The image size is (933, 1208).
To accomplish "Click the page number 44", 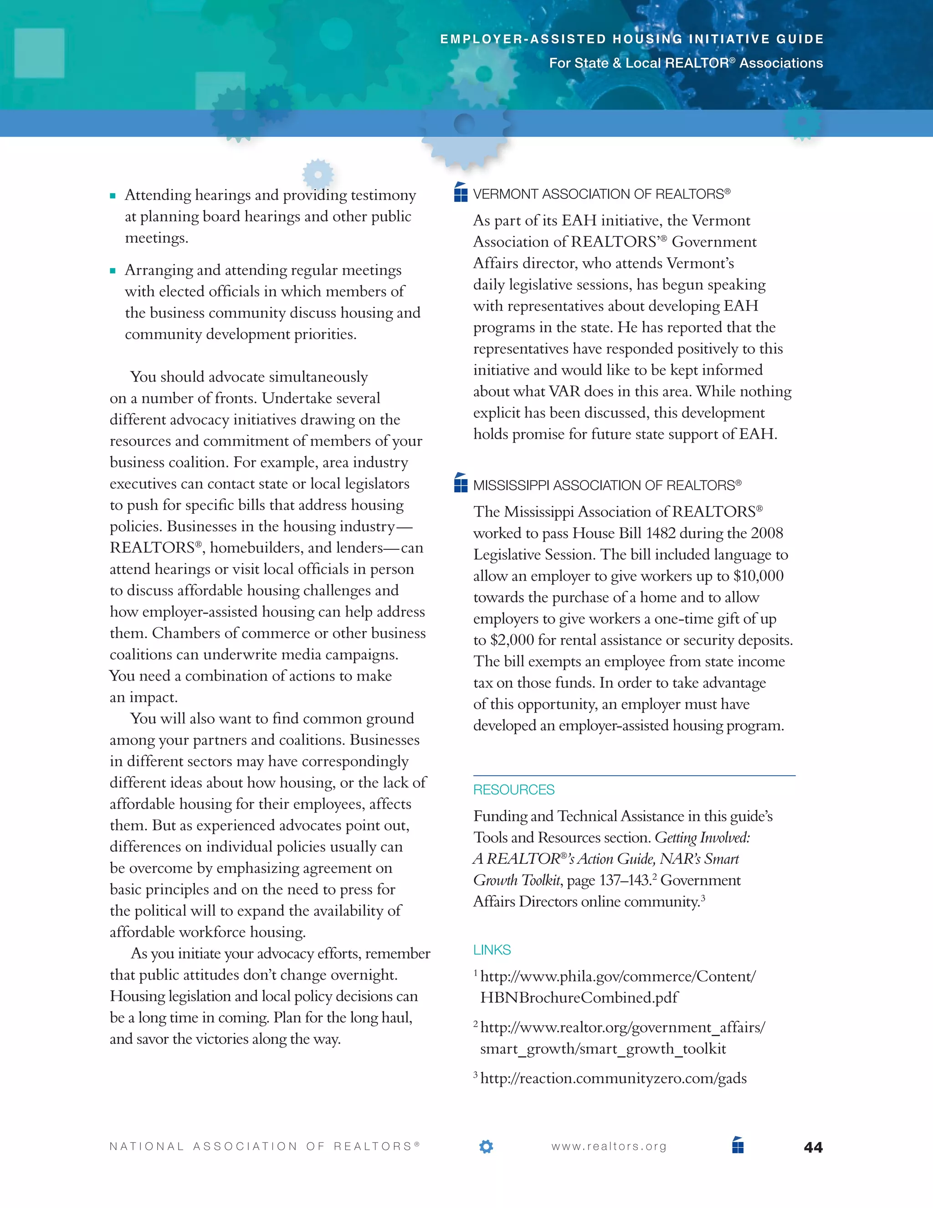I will tap(813, 1148).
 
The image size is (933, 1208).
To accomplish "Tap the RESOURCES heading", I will tap(513, 790).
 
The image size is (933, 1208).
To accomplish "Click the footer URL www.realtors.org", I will tap(609, 1146).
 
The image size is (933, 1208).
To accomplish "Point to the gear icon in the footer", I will tap(486, 1146).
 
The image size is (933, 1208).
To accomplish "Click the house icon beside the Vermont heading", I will tap(461, 192).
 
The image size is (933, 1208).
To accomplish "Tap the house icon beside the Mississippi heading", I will tap(461, 483).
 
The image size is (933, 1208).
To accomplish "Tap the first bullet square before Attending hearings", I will tap(113, 196).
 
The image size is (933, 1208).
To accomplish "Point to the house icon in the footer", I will tap(738, 1145).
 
